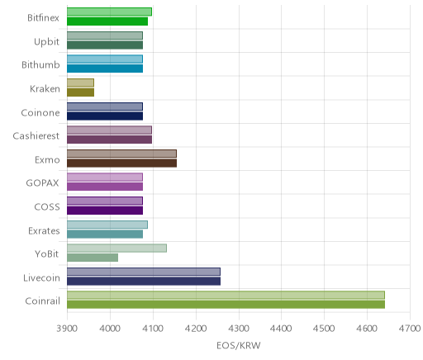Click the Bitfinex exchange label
pos(43,18)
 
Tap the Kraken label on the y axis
pos(45,89)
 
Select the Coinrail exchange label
pos(42,301)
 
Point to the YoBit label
pos(47,253)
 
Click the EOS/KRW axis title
pos(239,345)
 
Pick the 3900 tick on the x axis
pos(67,329)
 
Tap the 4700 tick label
pos(410,329)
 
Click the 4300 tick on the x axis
pos(239,329)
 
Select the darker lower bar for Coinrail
pos(226,305)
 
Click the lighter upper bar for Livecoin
pos(144,272)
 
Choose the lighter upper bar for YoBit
pos(116,249)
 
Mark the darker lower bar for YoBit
pos(93,258)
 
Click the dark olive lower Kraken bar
pos(80,92)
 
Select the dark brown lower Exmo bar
pos(121,163)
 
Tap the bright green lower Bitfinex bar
pos(107,21)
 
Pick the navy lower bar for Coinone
pos(105,116)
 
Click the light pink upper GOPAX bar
pos(105,178)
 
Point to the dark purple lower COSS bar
pos(105,211)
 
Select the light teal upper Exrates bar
pos(107,225)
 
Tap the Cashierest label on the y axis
pos(36,136)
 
